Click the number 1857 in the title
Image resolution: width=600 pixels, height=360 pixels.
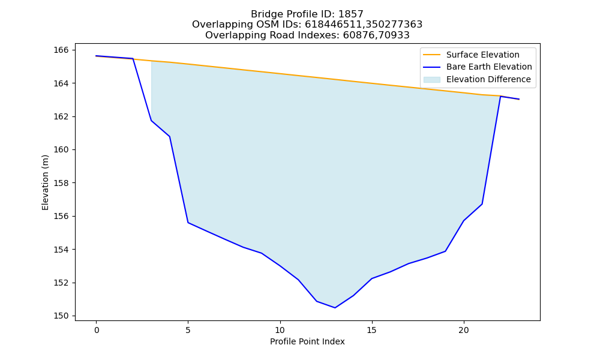350,14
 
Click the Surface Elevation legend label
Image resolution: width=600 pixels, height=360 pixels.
482,55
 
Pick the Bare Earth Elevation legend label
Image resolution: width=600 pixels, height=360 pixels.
489,67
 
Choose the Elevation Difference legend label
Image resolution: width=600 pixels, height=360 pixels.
488,79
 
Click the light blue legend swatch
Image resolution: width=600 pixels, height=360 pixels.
431,80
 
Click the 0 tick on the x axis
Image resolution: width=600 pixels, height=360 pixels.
97,330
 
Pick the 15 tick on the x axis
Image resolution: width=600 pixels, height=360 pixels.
372,330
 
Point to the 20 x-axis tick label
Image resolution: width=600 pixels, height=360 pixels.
464,330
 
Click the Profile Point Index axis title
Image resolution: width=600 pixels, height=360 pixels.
307,341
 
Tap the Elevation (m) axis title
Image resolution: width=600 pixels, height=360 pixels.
45,182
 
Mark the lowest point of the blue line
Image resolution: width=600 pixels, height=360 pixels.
335,308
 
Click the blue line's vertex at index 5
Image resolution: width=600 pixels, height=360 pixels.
188,223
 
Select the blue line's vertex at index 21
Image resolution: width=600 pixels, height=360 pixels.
482,204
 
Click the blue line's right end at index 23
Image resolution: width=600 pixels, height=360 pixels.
519,99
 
